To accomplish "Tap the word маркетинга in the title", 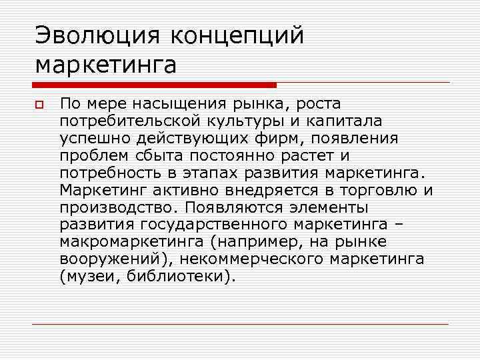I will tap(106, 65).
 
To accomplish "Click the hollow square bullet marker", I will tap(39, 105).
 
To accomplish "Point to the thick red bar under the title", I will tap(154, 85).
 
